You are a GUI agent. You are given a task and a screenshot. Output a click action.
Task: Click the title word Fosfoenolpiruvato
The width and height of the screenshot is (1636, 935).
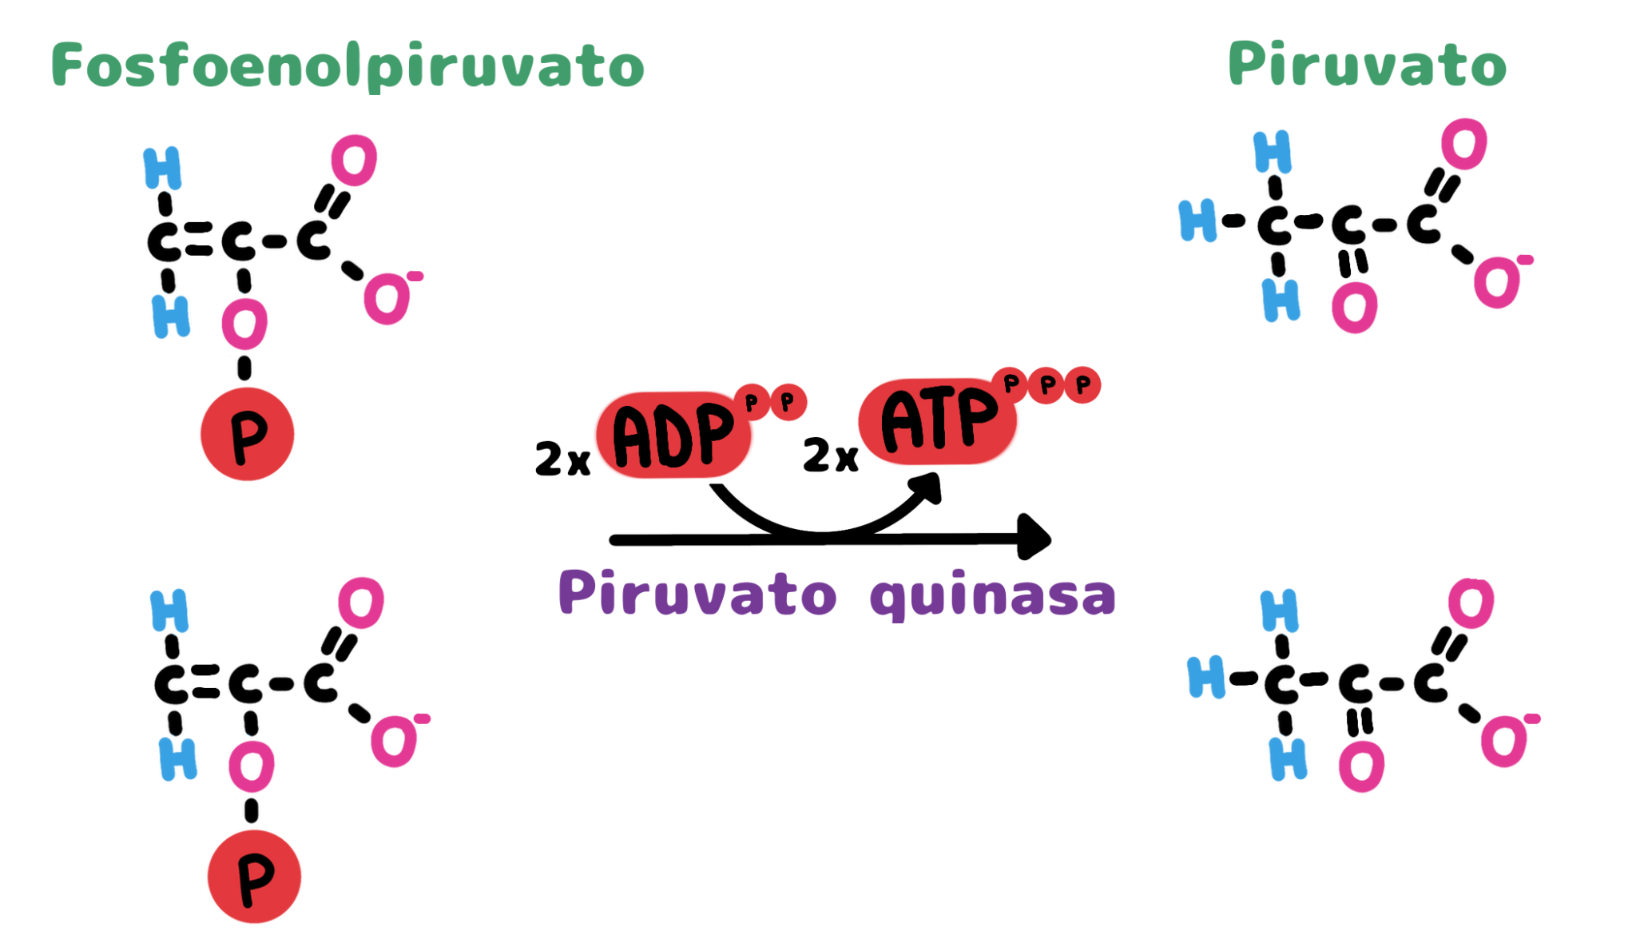347,66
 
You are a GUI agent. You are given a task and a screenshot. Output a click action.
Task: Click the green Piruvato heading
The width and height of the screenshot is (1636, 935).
1367,64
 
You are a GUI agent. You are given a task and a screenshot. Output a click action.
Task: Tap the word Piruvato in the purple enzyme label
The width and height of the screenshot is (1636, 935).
697,593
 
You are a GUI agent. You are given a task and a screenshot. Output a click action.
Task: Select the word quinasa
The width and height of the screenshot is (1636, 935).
993,595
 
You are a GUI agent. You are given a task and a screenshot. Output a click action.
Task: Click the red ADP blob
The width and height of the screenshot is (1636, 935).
674,435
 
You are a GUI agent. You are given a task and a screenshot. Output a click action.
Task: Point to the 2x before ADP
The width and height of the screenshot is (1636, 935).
562,459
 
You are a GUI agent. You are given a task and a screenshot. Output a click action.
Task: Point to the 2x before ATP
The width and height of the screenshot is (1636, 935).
830,455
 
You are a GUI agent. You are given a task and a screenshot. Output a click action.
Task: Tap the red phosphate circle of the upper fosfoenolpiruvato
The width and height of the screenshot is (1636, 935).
247,434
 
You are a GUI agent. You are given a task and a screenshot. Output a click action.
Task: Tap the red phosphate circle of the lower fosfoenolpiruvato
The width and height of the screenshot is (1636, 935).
254,877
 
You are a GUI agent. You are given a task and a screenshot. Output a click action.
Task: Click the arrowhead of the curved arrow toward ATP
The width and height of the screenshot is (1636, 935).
927,486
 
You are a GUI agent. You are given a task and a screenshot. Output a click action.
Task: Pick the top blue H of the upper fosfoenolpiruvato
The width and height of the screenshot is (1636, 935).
162,168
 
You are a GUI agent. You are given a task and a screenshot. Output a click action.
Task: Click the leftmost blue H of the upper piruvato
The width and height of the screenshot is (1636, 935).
1197,221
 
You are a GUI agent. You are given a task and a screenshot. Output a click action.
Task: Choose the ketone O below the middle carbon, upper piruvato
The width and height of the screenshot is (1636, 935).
1355,308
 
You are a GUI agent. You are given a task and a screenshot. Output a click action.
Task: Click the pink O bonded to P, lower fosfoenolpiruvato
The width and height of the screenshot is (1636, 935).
252,766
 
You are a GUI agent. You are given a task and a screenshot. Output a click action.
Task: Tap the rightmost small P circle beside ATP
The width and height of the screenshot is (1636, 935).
1082,385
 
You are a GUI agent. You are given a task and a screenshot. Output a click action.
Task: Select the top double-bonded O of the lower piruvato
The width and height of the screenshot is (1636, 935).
1471,603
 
